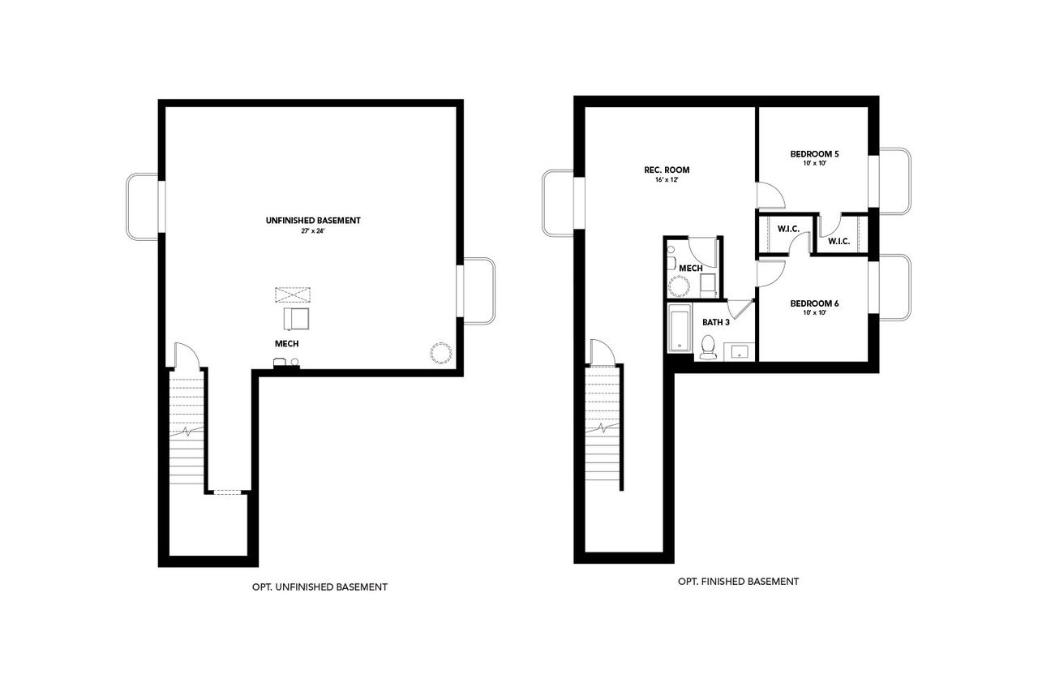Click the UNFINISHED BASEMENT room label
point(312,220)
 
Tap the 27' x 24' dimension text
point(312,231)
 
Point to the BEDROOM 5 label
point(814,153)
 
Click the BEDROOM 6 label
point(814,303)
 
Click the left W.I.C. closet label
point(788,230)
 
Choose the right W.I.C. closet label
point(839,241)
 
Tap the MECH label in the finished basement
point(690,269)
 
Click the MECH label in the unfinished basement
point(286,344)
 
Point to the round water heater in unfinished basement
point(440,354)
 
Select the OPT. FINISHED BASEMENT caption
point(738,582)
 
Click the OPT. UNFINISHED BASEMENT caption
point(320,587)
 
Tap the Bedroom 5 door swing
point(770,195)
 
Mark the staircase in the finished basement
point(603,426)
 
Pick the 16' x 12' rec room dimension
point(667,180)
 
